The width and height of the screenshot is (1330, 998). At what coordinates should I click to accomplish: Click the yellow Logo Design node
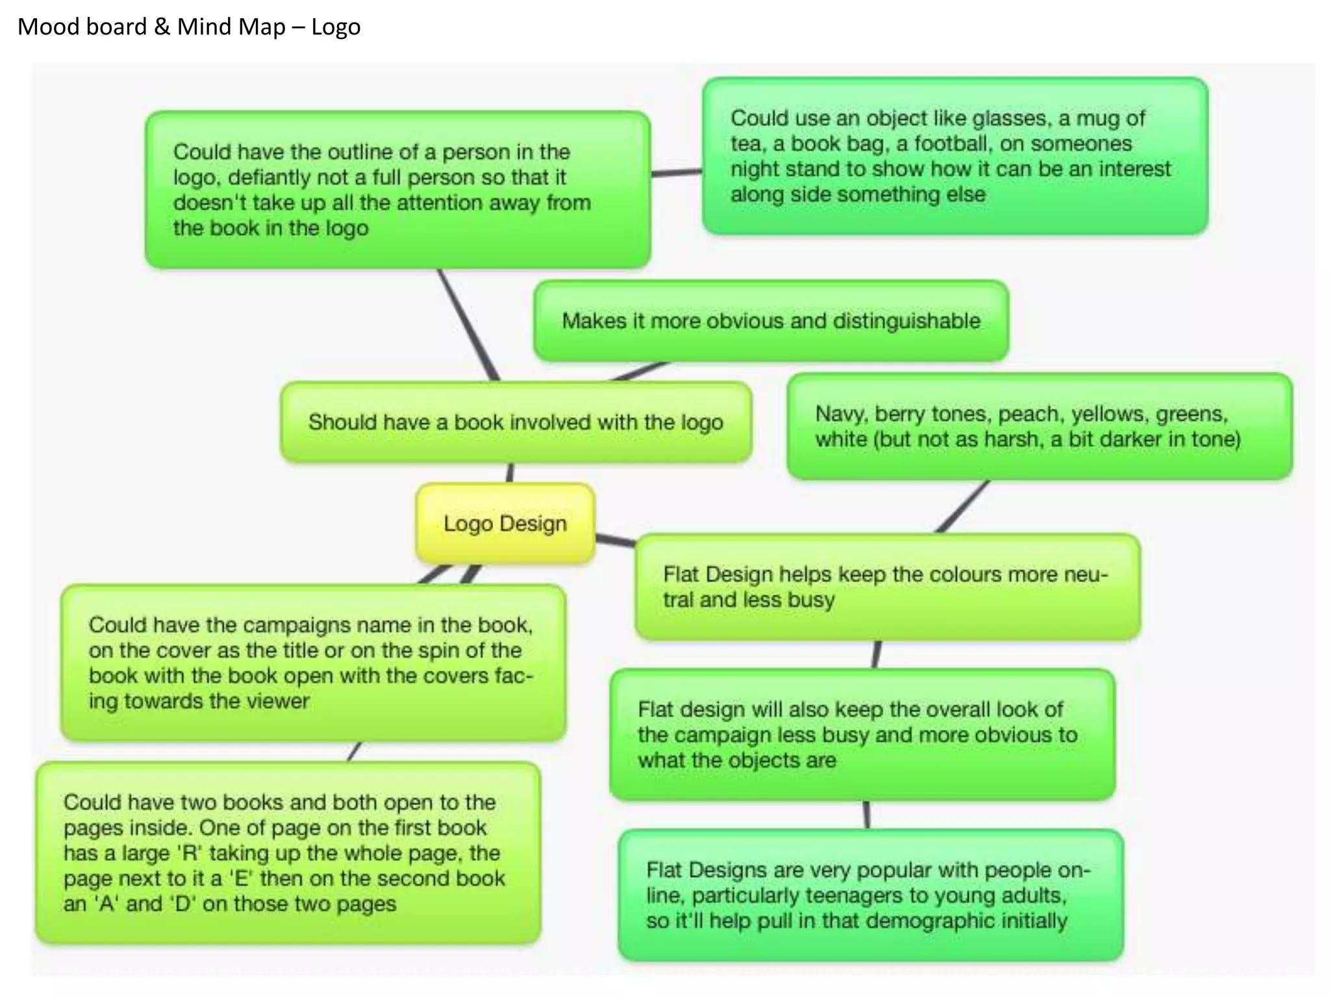coord(505,523)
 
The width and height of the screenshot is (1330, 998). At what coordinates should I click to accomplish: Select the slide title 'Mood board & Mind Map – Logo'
coord(189,27)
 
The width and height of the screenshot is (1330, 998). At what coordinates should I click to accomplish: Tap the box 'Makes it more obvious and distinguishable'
coord(771,321)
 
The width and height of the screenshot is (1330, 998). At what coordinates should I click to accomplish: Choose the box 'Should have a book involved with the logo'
coord(516,422)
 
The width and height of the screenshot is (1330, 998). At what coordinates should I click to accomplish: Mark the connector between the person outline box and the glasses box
coord(676,173)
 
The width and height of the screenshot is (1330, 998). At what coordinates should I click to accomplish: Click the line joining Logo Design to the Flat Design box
coord(615,539)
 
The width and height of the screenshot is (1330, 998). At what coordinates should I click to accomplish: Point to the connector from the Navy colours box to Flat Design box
coord(962,507)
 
